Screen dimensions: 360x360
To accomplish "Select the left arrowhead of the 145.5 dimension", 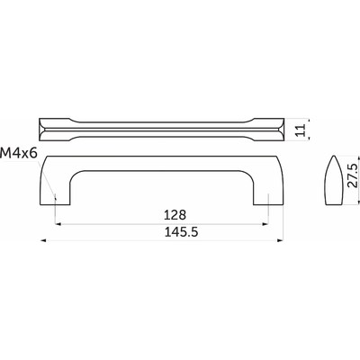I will [x=45, y=241].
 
